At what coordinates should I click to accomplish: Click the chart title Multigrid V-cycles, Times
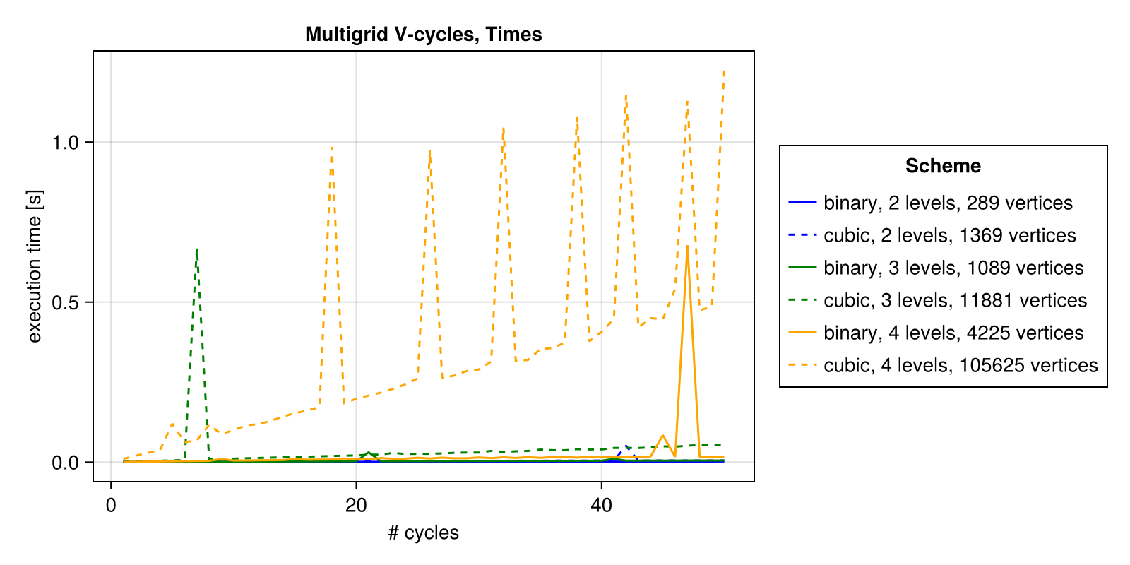point(423,34)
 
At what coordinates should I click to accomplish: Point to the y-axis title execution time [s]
point(35,266)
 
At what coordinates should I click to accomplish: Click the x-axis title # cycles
point(423,533)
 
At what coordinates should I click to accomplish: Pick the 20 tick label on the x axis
point(356,506)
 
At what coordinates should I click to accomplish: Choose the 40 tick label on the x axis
point(601,506)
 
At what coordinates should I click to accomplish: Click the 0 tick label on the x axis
point(111,506)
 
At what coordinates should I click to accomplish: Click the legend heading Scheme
point(943,166)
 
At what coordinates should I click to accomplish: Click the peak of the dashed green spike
point(196,249)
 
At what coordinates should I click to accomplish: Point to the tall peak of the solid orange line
point(687,246)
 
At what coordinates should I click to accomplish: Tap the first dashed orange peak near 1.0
point(331,147)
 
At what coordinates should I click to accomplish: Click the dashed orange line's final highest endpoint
point(724,71)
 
